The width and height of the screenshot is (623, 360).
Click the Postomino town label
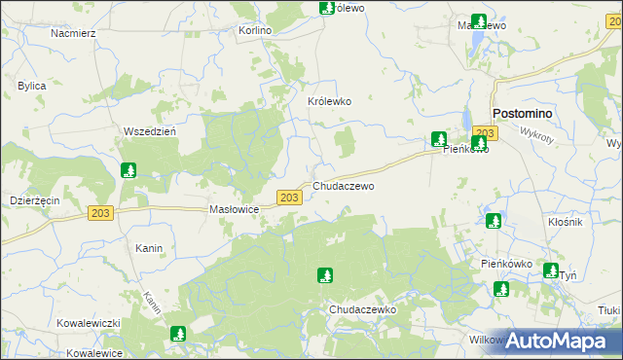pyautogui.click(x=523, y=113)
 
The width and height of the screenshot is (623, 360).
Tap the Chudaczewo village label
pyautogui.click(x=343, y=185)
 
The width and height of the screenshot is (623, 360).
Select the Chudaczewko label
pyautogui.click(x=363, y=308)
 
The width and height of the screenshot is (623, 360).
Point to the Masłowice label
pyautogui.click(x=234, y=209)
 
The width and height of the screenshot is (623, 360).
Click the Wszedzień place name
pyautogui.click(x=149, y=131)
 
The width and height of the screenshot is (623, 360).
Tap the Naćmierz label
pyautogui.click(x=72, y=32)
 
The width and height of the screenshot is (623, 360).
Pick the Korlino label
pyautogui.click(x=255, y=30)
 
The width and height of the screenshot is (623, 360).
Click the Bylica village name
pyautogui.click(x=32, y=86)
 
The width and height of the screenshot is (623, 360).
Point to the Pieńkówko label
pyautogui.click(x=506, y=264)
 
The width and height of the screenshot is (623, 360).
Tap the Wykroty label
pyautogui.click(x=536, y=133)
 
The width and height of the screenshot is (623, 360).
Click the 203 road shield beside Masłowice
pyautogui.click(x=287, y=198)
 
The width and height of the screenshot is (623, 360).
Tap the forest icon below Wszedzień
pyautogui.click(x=128, y=171)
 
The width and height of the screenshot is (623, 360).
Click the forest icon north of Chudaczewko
pyautogui.click(x=325, y=275)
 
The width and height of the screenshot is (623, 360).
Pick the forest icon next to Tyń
pyautogui.click(x=551, y=270)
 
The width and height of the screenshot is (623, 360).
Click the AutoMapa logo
pyautogui.click(x=557, y=341)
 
